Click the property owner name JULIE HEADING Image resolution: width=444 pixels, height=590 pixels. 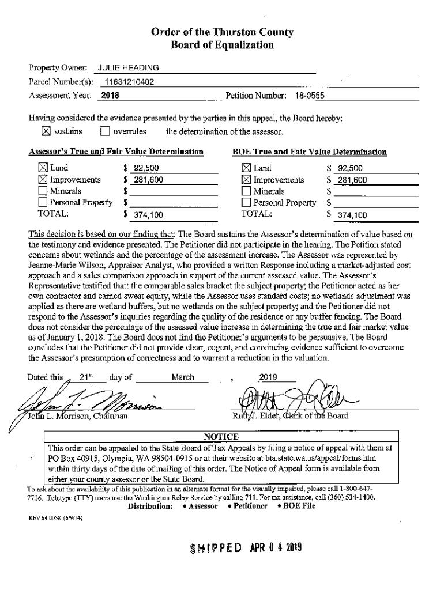tap(128, 68)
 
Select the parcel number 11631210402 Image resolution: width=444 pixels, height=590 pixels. tap(129, 82)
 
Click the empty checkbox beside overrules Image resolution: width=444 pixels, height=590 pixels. tap(104, 131)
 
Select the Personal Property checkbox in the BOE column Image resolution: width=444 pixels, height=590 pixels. tap(246, 203)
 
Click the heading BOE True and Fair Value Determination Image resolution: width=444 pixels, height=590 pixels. tap(309, 153)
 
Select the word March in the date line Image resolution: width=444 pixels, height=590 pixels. tap(182, 377)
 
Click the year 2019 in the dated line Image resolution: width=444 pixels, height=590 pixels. tap(268, 377)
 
